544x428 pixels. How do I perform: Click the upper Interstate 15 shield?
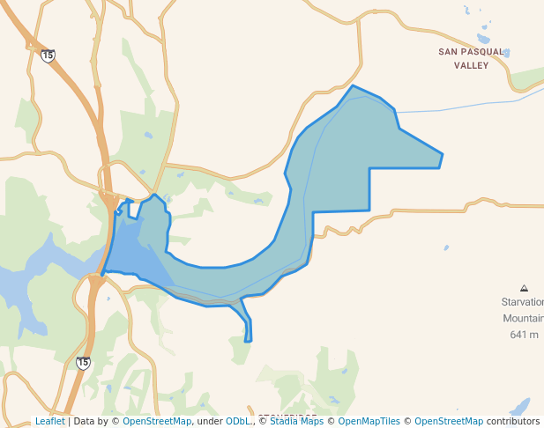coord(48,55)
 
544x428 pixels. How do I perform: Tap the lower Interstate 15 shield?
coord(83,363)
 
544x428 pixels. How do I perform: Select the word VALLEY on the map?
coord(471,64)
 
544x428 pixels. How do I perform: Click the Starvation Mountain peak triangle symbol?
coord(524,288)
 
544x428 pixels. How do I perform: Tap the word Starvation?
coord(522,302)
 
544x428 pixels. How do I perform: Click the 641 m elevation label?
coord(524,335)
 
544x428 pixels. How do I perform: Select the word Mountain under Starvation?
coord(523,318)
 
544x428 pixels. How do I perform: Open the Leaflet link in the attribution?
coord(49,422)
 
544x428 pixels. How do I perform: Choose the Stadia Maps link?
coord(295,422)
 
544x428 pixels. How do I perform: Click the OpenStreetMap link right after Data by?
coord(157,422)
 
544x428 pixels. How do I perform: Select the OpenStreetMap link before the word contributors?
coord(449,422)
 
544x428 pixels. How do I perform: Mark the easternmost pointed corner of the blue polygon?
coord(442,156)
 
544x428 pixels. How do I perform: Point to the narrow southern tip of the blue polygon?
coord(249,340)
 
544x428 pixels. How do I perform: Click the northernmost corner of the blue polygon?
coord(354,86)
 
